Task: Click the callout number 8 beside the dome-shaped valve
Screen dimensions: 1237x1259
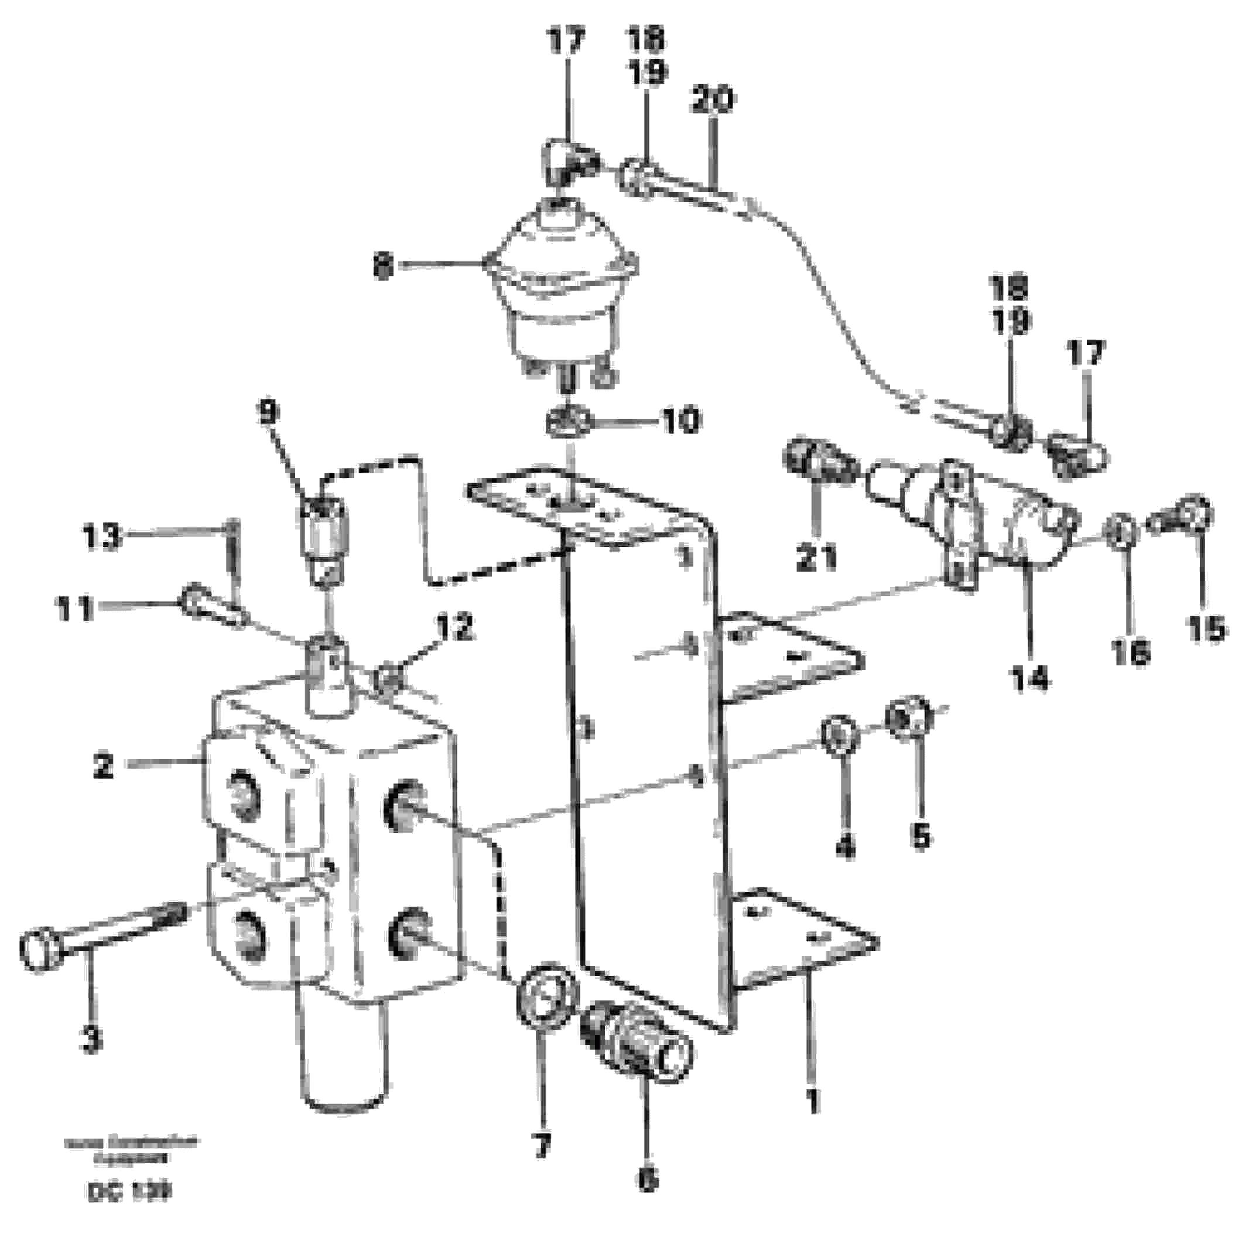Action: [384, 266]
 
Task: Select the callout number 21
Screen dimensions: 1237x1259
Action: [817, 557]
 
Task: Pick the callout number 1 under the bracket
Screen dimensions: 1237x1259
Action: [813, 1101]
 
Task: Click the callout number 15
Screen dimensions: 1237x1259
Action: [1206, 628]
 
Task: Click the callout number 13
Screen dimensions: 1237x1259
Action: [102, 537]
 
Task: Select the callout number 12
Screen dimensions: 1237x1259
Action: [455, 628]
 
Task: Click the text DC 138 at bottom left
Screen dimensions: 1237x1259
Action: [128, 1191]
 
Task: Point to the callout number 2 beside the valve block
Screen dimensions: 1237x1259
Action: [102, 767]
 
